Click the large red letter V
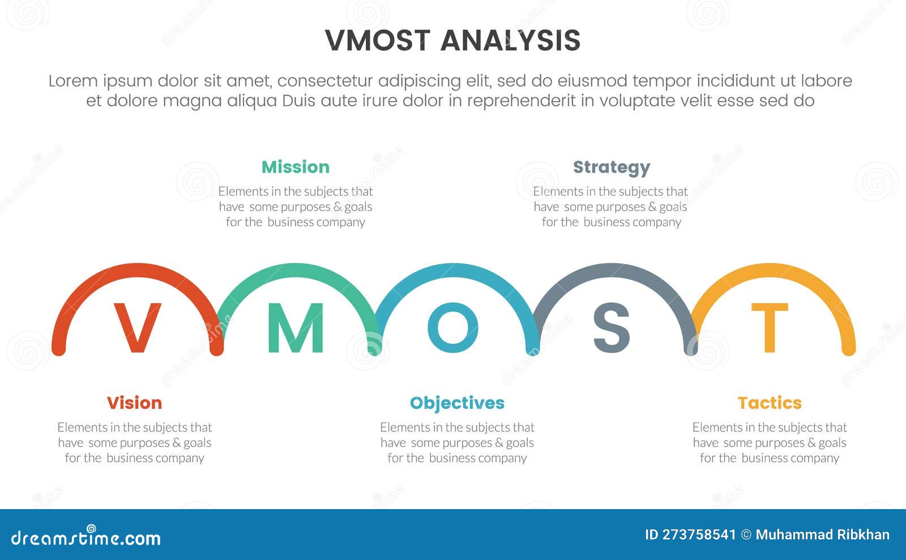click(137, 328)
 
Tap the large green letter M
click(295, 328)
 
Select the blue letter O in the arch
click(452, 328)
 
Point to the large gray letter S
click(611, 328)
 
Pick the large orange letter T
click(769, 328)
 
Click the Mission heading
click(295, 167)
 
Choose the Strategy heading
click(612, 167)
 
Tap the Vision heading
click(134, 403)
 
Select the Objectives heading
click(457, 403)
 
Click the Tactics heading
click(770, 403)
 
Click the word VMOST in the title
click(378, 41)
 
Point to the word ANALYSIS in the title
click(510, 41)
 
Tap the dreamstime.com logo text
click(86, 538)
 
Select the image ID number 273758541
click(699, 535)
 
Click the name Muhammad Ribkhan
click(822, 535)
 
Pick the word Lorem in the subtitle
click(72, 81)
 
